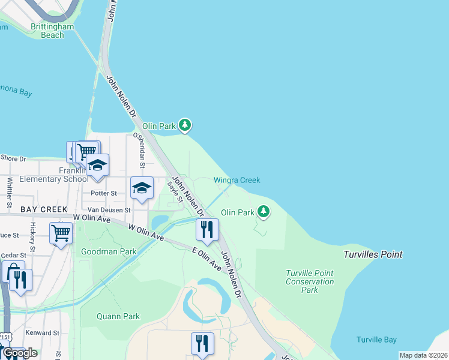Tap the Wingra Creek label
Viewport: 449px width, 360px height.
[x=237, y=180]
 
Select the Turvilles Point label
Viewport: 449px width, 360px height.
[x=372, y=254]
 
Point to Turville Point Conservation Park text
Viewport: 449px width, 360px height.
[x=309, y=281]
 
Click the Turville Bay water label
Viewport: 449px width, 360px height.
[x=376, y=340]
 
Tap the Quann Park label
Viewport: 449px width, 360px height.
[x=118, y=316]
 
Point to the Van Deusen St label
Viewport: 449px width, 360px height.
[x=109, y=210]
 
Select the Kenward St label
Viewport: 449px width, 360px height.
[x=42, y=332]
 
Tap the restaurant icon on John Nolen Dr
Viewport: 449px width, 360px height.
[x=207, y=229]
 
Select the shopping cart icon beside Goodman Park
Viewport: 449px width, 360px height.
[x=61, y=232]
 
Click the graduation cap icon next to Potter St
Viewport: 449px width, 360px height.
[x=142, y=187]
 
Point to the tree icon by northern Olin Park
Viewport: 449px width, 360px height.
[x=185, y=125]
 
